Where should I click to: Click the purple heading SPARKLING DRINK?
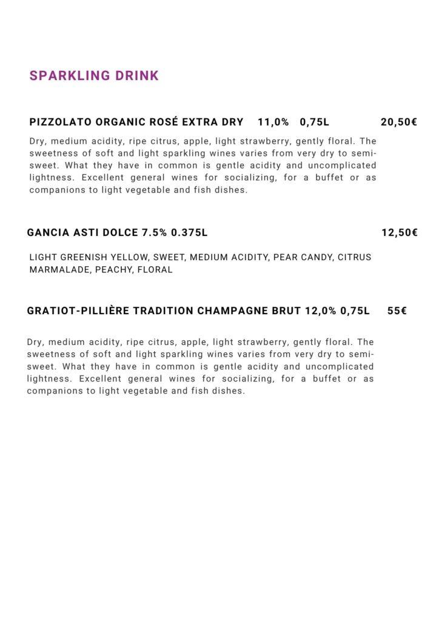click(x=94, y=76)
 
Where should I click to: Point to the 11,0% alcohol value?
click(x=273, y=122)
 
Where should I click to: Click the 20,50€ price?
click(x=398, y=122)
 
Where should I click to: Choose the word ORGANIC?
click(x=121, y=122)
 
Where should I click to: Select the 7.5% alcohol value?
click(x=155, y=232)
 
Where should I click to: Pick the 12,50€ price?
click(x=399, y=232)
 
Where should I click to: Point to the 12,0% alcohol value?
click(x=321, y=311)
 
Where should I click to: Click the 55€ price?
click(x=397, y=311)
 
